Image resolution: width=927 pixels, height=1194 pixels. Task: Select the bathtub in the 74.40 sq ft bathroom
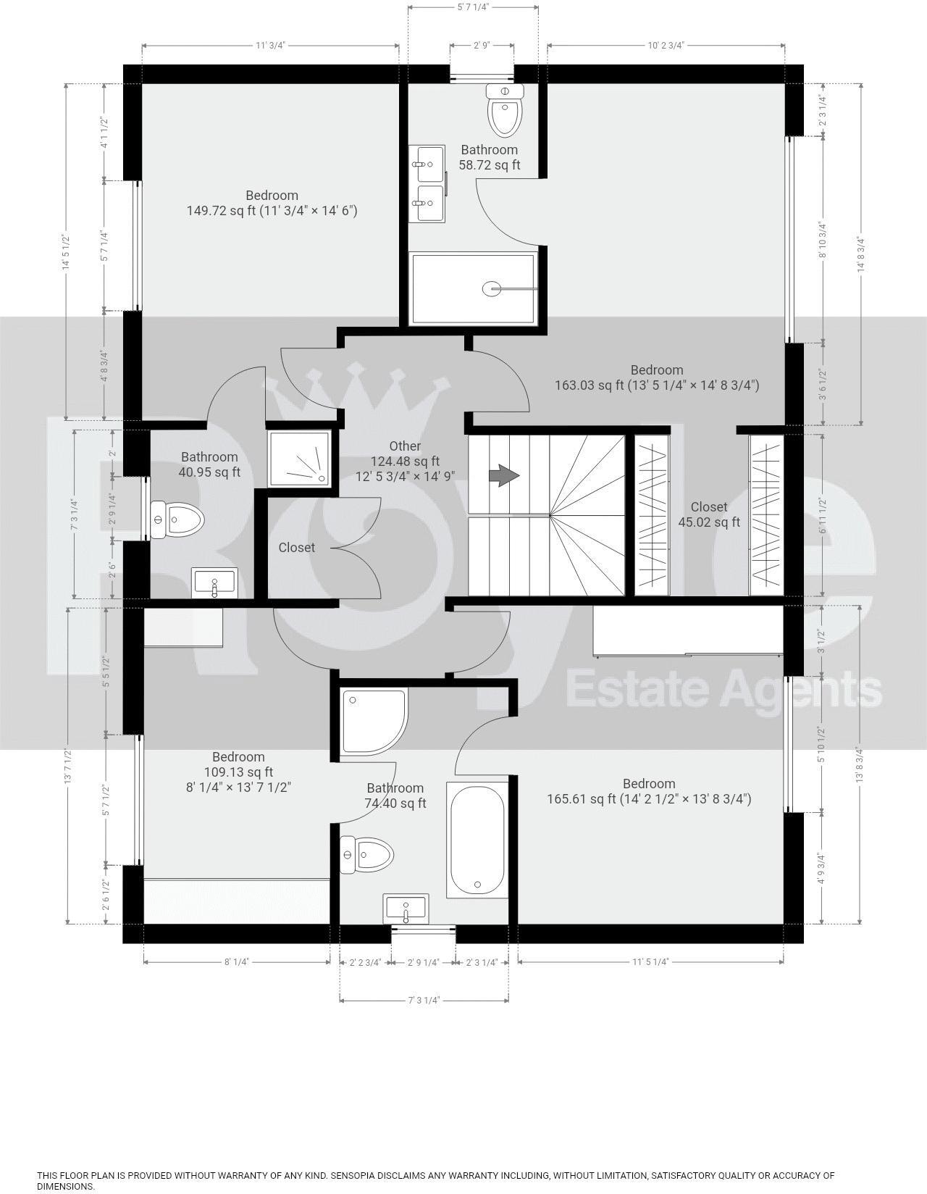pos(477,840)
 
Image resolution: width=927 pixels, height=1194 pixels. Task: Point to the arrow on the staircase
pos(504,476)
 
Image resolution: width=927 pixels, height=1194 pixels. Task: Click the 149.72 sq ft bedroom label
pos(272,203)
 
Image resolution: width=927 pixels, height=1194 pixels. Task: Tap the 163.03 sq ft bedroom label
pos(656,377)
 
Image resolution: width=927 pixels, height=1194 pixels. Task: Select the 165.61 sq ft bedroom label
pos(648,791)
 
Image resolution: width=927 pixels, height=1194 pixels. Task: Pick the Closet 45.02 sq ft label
pos(708,514)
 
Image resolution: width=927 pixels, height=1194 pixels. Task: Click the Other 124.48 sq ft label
pos(405,461)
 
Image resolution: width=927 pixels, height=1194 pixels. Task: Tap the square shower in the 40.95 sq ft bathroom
pos(299,459)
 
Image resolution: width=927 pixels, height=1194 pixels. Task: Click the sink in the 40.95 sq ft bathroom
pos(214,583)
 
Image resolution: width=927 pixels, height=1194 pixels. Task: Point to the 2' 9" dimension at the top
pos(482,45)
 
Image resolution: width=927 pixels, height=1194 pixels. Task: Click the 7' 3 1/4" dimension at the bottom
pos(424,1001)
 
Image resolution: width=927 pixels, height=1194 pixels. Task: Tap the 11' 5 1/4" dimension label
pos(650,962)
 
